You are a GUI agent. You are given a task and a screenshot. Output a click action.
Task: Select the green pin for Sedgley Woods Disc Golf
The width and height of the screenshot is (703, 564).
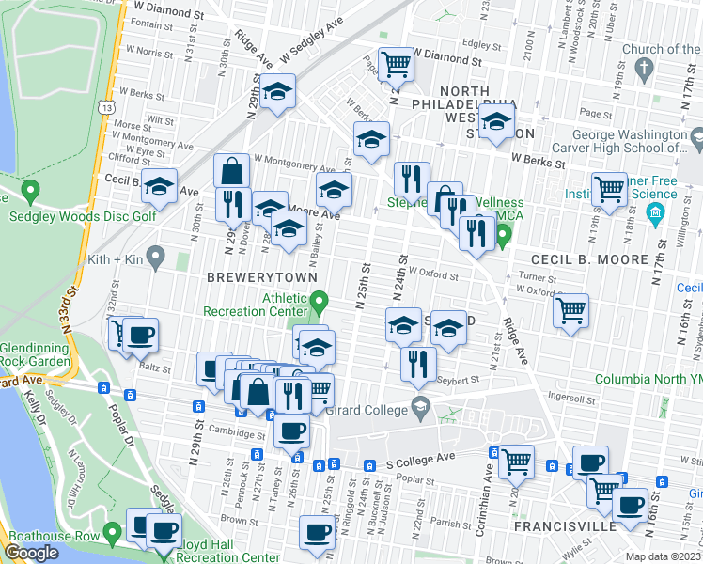30,192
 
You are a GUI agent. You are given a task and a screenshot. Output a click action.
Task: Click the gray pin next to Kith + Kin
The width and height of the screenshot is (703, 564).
155,256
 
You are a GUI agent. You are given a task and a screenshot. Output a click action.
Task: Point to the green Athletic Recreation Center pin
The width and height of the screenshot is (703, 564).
320,302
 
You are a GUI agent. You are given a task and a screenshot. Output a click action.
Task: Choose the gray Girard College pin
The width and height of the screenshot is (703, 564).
420,408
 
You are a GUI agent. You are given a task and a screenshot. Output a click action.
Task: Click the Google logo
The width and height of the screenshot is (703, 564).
32,553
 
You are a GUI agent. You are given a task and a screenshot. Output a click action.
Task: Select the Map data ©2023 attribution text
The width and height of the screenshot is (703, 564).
662,556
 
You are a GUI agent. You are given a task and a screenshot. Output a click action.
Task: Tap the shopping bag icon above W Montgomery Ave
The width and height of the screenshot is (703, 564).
231,171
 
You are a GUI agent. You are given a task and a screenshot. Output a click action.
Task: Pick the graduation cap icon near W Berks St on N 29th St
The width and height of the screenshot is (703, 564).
277,91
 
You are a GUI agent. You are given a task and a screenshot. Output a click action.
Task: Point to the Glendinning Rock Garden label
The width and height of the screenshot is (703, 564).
35,353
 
